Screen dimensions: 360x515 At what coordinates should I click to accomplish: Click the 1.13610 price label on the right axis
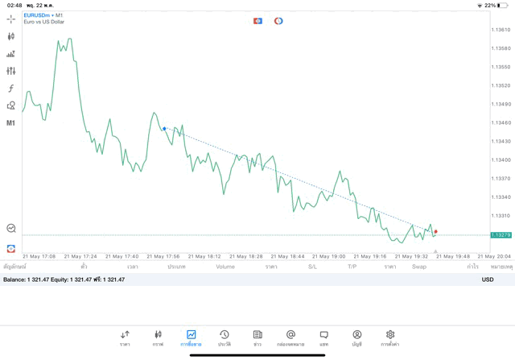click(x=501, y=30)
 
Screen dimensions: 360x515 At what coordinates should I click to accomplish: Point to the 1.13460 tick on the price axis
click(x=501, y=122)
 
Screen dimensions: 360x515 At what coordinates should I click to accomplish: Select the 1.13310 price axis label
click(x=501, y=215)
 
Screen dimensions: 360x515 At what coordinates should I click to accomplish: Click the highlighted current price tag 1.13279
click(x=501, y=235)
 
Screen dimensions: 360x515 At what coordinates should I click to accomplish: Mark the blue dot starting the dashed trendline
click(x=164, y=128)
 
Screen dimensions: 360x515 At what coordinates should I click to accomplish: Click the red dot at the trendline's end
click(x=436, y=231)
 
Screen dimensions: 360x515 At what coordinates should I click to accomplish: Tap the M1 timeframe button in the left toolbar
click(x=11, y=123)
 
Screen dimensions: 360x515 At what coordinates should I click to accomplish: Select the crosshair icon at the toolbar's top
click(x=11, y=19)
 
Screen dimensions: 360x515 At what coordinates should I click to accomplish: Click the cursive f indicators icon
click(x=11, y=89)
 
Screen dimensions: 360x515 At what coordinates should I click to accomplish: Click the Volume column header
click(x=225, y=267)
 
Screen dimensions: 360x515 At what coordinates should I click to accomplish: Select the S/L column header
click(x=312, y=267)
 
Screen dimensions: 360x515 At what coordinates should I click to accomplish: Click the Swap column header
click(x=419, y=267)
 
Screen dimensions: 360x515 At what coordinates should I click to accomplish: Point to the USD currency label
click(x=487, y=279)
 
